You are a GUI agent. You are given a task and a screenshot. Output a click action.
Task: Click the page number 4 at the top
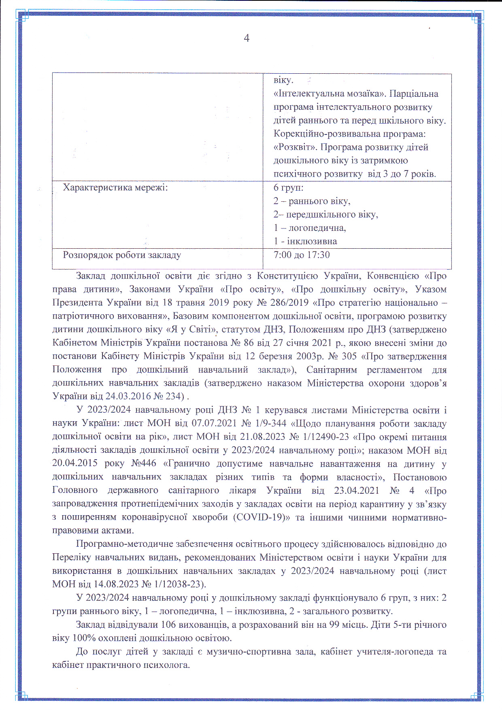(x=247, y=38)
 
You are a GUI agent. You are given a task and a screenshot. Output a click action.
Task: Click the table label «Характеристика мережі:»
(x=115, y=188)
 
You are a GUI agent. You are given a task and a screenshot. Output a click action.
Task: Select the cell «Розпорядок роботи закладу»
(x=122, y=255)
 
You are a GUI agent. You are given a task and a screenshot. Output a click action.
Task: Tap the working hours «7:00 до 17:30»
(x=302, y=255)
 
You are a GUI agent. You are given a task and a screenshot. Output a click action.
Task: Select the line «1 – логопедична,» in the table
(x=310, y=228)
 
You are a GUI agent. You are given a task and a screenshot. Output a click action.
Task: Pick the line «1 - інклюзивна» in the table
(x=305, y=241)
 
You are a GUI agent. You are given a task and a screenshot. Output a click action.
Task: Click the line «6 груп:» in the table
(x=288, y=188)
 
